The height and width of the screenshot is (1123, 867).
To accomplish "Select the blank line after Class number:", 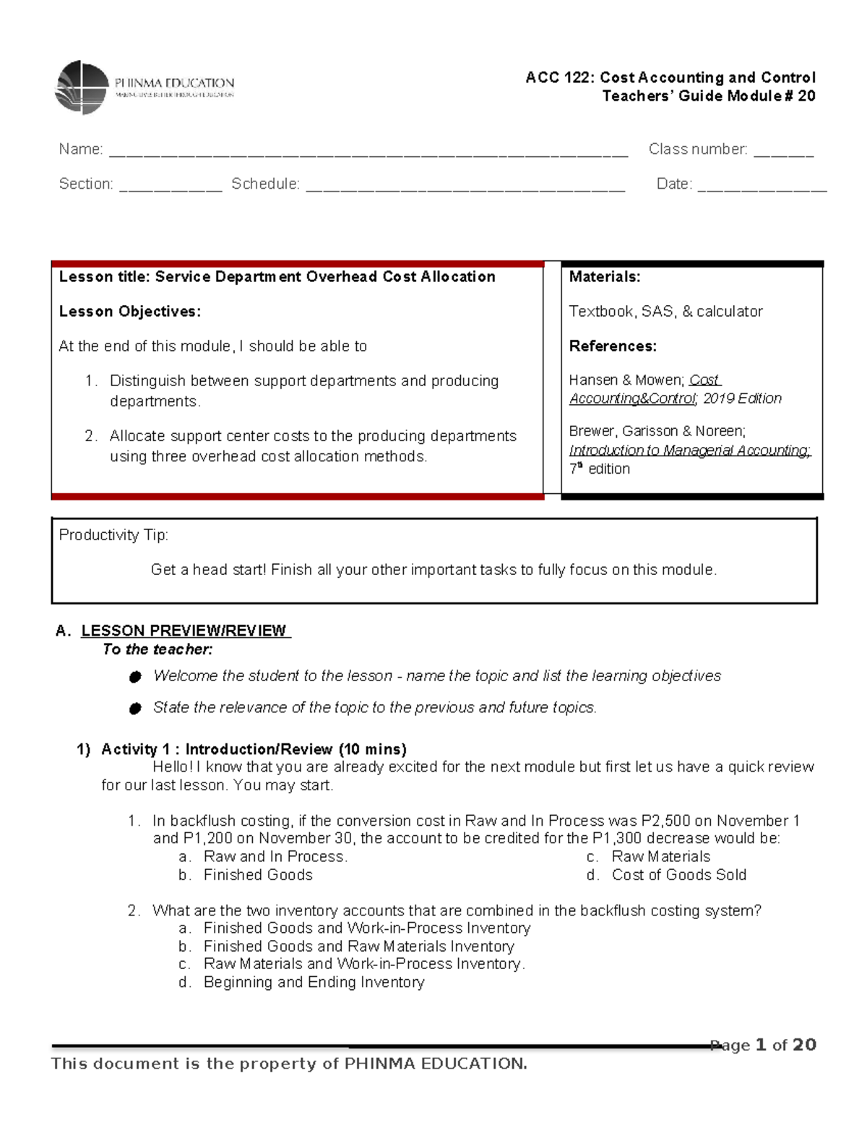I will (x=783, y=152).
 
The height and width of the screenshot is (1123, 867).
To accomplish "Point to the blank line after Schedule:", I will (x=465, y=187).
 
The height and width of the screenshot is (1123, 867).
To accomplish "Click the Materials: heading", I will (x=604, y=277).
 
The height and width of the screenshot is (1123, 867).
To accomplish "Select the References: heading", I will (x=613, y=346).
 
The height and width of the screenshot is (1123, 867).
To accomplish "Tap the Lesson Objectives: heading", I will (x=129, y=312).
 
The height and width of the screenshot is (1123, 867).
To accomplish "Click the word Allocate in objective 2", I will (x=136, y=436).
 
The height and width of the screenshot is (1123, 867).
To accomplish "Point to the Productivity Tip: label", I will (x=113, y=535).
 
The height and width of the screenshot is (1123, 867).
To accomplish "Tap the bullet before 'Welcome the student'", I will (x=134, y=677).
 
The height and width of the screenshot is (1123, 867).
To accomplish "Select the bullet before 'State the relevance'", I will (x=134, y=709).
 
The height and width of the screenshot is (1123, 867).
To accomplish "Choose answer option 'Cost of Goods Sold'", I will (x=678, y=875).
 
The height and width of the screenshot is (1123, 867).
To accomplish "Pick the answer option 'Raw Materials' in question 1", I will (x=660, y=857).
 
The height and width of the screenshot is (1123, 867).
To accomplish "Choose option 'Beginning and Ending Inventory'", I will (x=314, y=982).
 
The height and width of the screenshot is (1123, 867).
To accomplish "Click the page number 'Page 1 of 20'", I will (x=763, y=1045).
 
